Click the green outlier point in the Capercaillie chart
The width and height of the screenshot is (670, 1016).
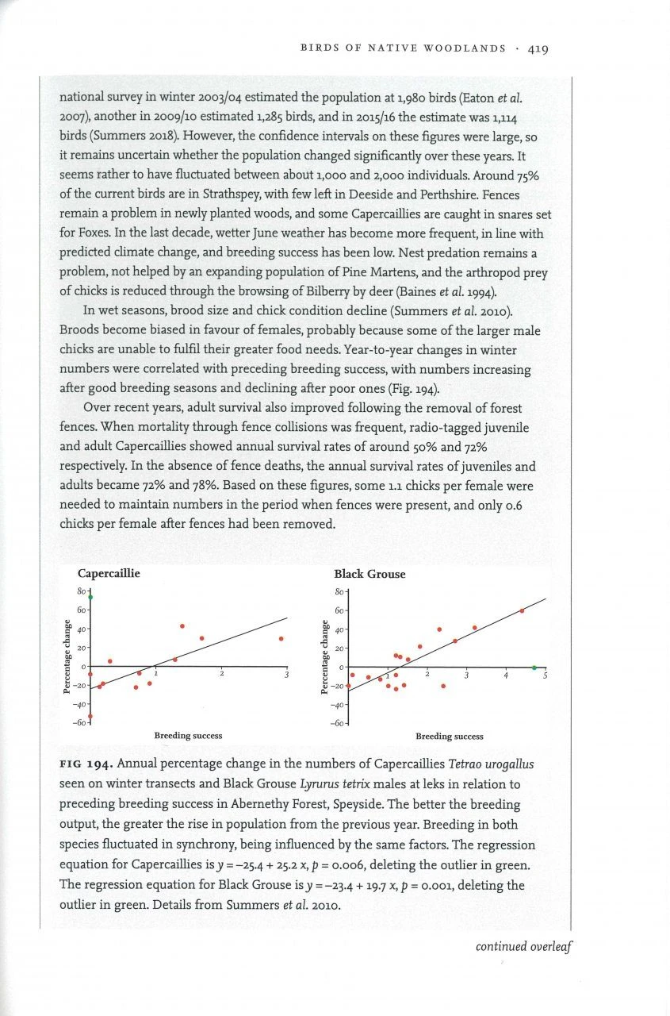[90, 597]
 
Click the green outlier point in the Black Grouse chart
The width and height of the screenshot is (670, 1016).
[534, 668]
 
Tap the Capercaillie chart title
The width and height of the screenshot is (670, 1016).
[109, 574]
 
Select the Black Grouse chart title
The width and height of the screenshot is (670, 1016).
[369, 574]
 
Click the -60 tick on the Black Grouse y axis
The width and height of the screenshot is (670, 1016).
[339, 723]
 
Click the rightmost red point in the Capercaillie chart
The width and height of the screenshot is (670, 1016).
[281, 638]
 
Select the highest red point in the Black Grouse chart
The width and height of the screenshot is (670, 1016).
[522, 610]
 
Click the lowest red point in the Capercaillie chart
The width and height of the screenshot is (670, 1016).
[90, 716]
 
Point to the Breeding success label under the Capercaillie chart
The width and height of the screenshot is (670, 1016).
[188, 736]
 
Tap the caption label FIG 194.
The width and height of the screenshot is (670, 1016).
[87, 764]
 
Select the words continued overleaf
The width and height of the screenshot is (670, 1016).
[523, 946]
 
